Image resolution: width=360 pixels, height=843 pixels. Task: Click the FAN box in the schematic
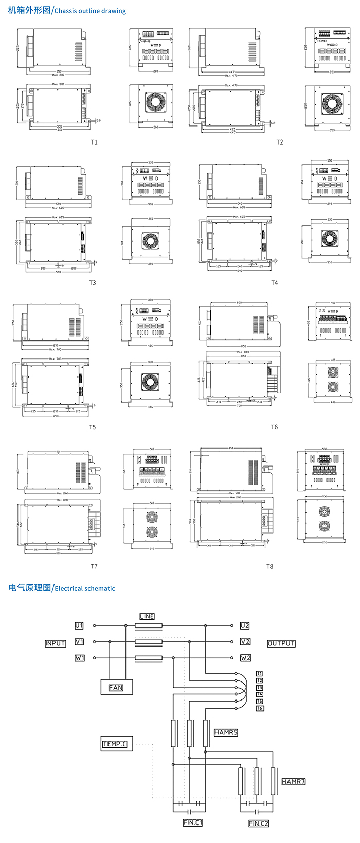(x=116, y=687)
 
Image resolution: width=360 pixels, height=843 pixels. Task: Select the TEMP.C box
(x=115, y=744)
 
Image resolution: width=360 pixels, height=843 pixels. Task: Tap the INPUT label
(x=55, y=643)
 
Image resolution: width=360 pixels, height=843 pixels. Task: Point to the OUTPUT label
(x=281, y=643)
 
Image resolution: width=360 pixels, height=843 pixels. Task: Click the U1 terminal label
(x=79, y=626)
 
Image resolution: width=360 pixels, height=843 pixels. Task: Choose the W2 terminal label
(x=245, y=658)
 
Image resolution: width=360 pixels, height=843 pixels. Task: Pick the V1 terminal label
(x=79, y=642)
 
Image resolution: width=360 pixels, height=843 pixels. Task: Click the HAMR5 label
(x=226, y=732)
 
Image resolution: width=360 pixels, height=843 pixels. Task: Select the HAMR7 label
(x=294, y=781)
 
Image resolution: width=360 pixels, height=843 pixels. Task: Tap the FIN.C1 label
(x=193, y=822)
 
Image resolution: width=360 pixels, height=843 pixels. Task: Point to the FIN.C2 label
(x=259, y=823)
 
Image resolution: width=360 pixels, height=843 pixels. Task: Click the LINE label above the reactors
(x=147, y=616)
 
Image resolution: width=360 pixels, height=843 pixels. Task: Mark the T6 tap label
(x=260, y=708)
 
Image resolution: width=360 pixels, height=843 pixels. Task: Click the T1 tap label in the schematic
(x=260, y=673)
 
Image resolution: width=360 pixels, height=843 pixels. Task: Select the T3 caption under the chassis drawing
(x=93, y=283)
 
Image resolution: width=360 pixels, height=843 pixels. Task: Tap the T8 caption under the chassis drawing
(x=269, y=566)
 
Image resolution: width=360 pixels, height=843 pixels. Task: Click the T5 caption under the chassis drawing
(x=92, y=427)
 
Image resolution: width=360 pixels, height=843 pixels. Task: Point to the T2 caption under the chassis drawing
(x=280, y=142)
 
